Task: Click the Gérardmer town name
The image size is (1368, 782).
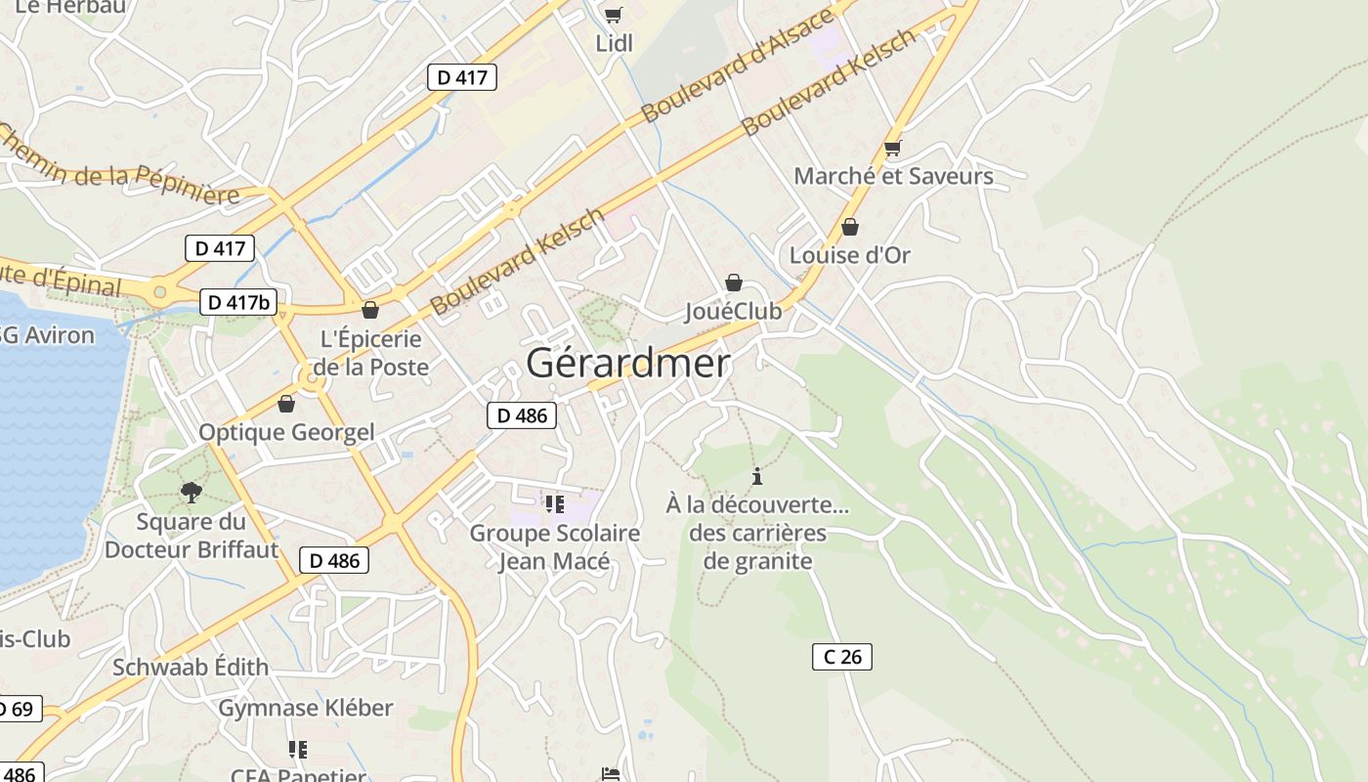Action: [627, 364]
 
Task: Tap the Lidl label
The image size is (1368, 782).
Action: [615, 43]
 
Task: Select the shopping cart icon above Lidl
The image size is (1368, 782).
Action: [613, 15]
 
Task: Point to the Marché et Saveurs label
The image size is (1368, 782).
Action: [893, 176]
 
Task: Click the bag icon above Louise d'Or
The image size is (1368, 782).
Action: [850, 227]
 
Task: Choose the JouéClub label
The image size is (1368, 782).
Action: [733, 311]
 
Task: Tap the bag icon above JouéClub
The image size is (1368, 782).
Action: [733, 282]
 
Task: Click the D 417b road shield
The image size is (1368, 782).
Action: [238, 302]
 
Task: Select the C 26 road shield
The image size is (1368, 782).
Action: [841, 657]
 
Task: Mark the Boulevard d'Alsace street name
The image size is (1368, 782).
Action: [739, 65]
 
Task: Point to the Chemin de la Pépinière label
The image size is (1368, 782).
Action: [117, 163]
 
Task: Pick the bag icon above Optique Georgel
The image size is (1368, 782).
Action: [286, 404]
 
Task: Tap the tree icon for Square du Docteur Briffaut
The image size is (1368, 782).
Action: [191, 492]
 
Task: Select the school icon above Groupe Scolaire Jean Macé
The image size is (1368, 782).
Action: [555, 504]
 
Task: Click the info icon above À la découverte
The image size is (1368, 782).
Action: [756, 477]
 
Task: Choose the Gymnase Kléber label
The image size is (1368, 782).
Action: [305, 708]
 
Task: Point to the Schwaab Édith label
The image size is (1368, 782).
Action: [190, 668]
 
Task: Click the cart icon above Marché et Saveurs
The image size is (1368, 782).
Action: [891, 149]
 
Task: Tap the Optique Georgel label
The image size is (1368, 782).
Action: [286, 432]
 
